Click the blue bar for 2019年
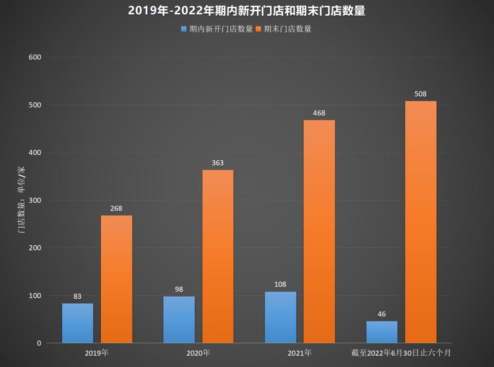point(78,323)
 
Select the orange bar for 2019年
point(117,279)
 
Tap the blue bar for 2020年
point(179,320)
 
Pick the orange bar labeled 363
point(218,256)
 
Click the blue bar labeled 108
point(280,317)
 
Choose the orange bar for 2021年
point(319,231)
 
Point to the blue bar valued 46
point(382,332)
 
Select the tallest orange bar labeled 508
point(421,222)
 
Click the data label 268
point(117,208)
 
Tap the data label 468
point(319,113)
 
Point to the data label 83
point(78,296)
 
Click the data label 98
point(179,289)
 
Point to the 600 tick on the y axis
point(35,57)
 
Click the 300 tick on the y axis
point(35,200)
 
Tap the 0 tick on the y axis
point(39,343)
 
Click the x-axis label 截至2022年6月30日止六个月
point(401,354)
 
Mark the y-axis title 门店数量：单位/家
point(21,200)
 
